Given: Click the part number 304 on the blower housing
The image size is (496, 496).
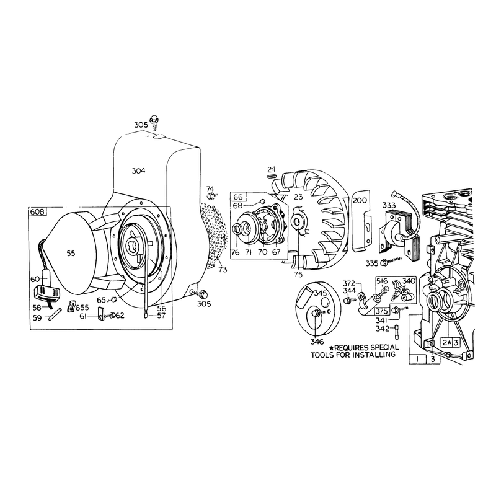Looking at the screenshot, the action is pos(138,171).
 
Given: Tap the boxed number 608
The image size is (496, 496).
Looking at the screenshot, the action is pos(37,211).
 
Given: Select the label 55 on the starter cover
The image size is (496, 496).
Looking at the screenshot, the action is pos(71,253).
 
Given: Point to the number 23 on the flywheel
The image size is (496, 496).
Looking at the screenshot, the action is pos(298,197).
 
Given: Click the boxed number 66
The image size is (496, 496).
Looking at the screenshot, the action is pos(237,197).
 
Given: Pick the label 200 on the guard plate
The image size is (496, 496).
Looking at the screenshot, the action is pos(360,200).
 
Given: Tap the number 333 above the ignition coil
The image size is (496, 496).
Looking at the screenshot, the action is pos(389,205).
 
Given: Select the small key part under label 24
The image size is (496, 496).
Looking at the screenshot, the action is pos(272,176).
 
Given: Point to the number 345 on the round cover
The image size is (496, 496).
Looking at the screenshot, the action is pos(320,293).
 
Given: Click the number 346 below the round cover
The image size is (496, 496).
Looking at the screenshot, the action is pos(317,342).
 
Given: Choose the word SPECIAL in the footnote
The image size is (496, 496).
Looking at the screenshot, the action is pos(384,347).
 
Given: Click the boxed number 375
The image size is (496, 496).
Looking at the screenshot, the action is pos(381,311).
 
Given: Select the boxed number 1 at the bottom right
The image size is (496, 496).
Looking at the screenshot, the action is pos(417,359).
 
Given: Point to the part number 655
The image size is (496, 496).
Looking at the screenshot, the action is pos(82,308).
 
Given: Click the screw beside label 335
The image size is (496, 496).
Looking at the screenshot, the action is pos(391,261).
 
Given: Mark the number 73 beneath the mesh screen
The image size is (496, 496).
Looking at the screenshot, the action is pos(223,270).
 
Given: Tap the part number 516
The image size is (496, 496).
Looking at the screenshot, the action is pos(382,281).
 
